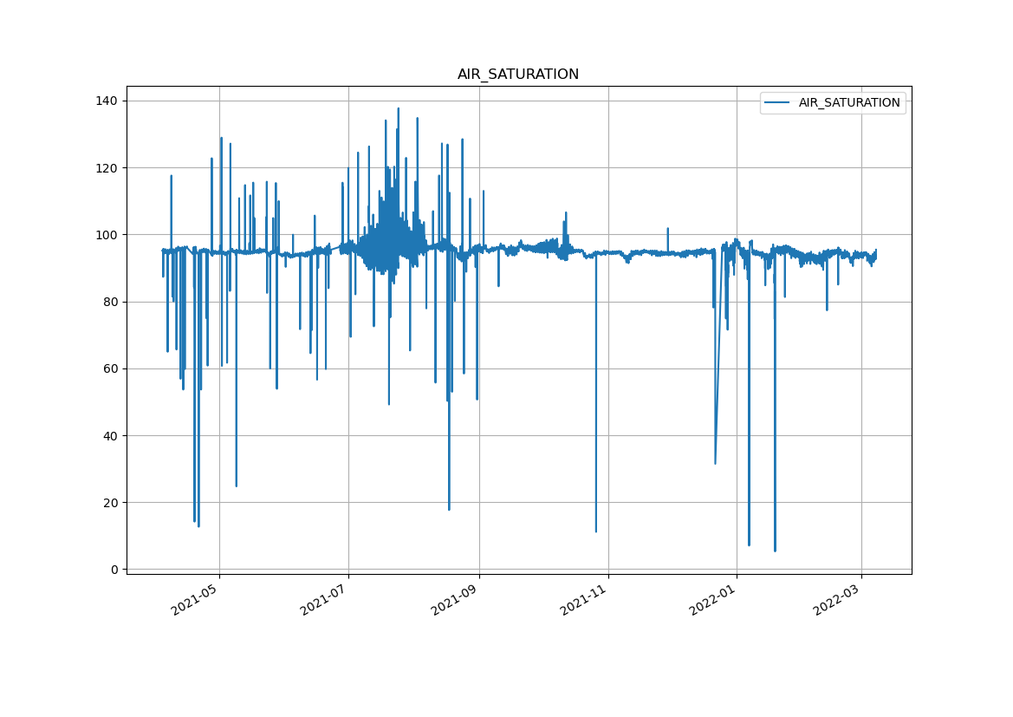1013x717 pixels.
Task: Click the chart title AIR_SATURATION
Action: coord(518,75)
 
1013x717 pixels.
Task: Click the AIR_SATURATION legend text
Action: coord(848,102)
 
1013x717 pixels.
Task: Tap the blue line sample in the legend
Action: coord(777,102)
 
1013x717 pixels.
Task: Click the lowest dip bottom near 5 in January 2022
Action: coord(775,551)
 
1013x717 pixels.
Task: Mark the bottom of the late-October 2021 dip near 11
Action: coord(596,531)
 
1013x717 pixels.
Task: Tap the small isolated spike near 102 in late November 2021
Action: coord(668,229)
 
